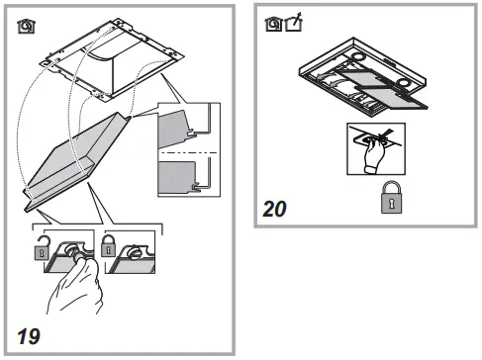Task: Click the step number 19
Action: (30, 333)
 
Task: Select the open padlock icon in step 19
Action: (41, 252)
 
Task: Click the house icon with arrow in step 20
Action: (292, 21)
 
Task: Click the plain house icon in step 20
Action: (272, 21)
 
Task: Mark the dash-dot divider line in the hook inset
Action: (186, 154)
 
